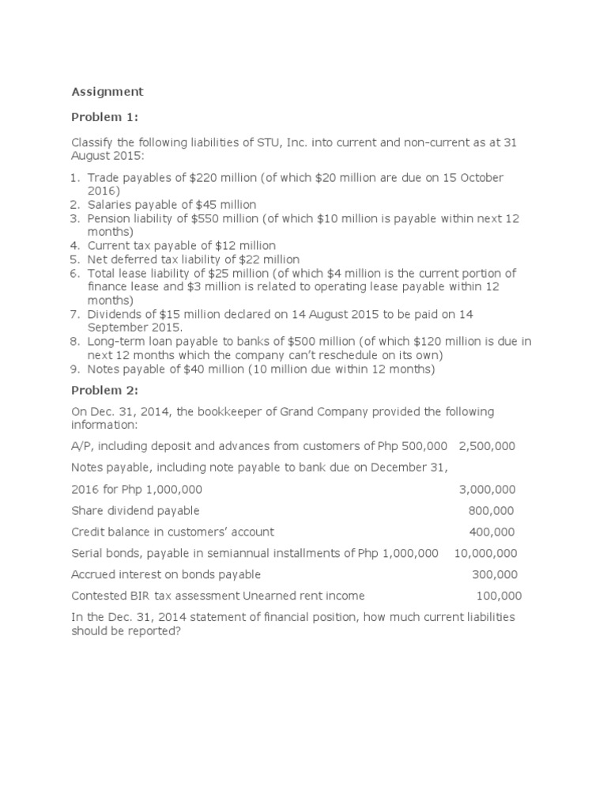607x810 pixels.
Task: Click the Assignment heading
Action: [x=107, y=92]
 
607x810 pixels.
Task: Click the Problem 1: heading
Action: [x=104, y=117]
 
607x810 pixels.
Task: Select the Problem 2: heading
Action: [x=104, y=389]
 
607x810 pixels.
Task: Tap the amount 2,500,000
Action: [x=487, y=446]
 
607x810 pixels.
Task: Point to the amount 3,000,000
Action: [x=487, y=490]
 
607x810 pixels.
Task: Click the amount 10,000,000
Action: [x=485, y=554]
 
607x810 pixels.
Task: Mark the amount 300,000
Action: [x=495, y=575]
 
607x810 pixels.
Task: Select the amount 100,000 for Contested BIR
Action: [x=499, y=596]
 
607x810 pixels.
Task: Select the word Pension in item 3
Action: [x=108, y=218]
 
